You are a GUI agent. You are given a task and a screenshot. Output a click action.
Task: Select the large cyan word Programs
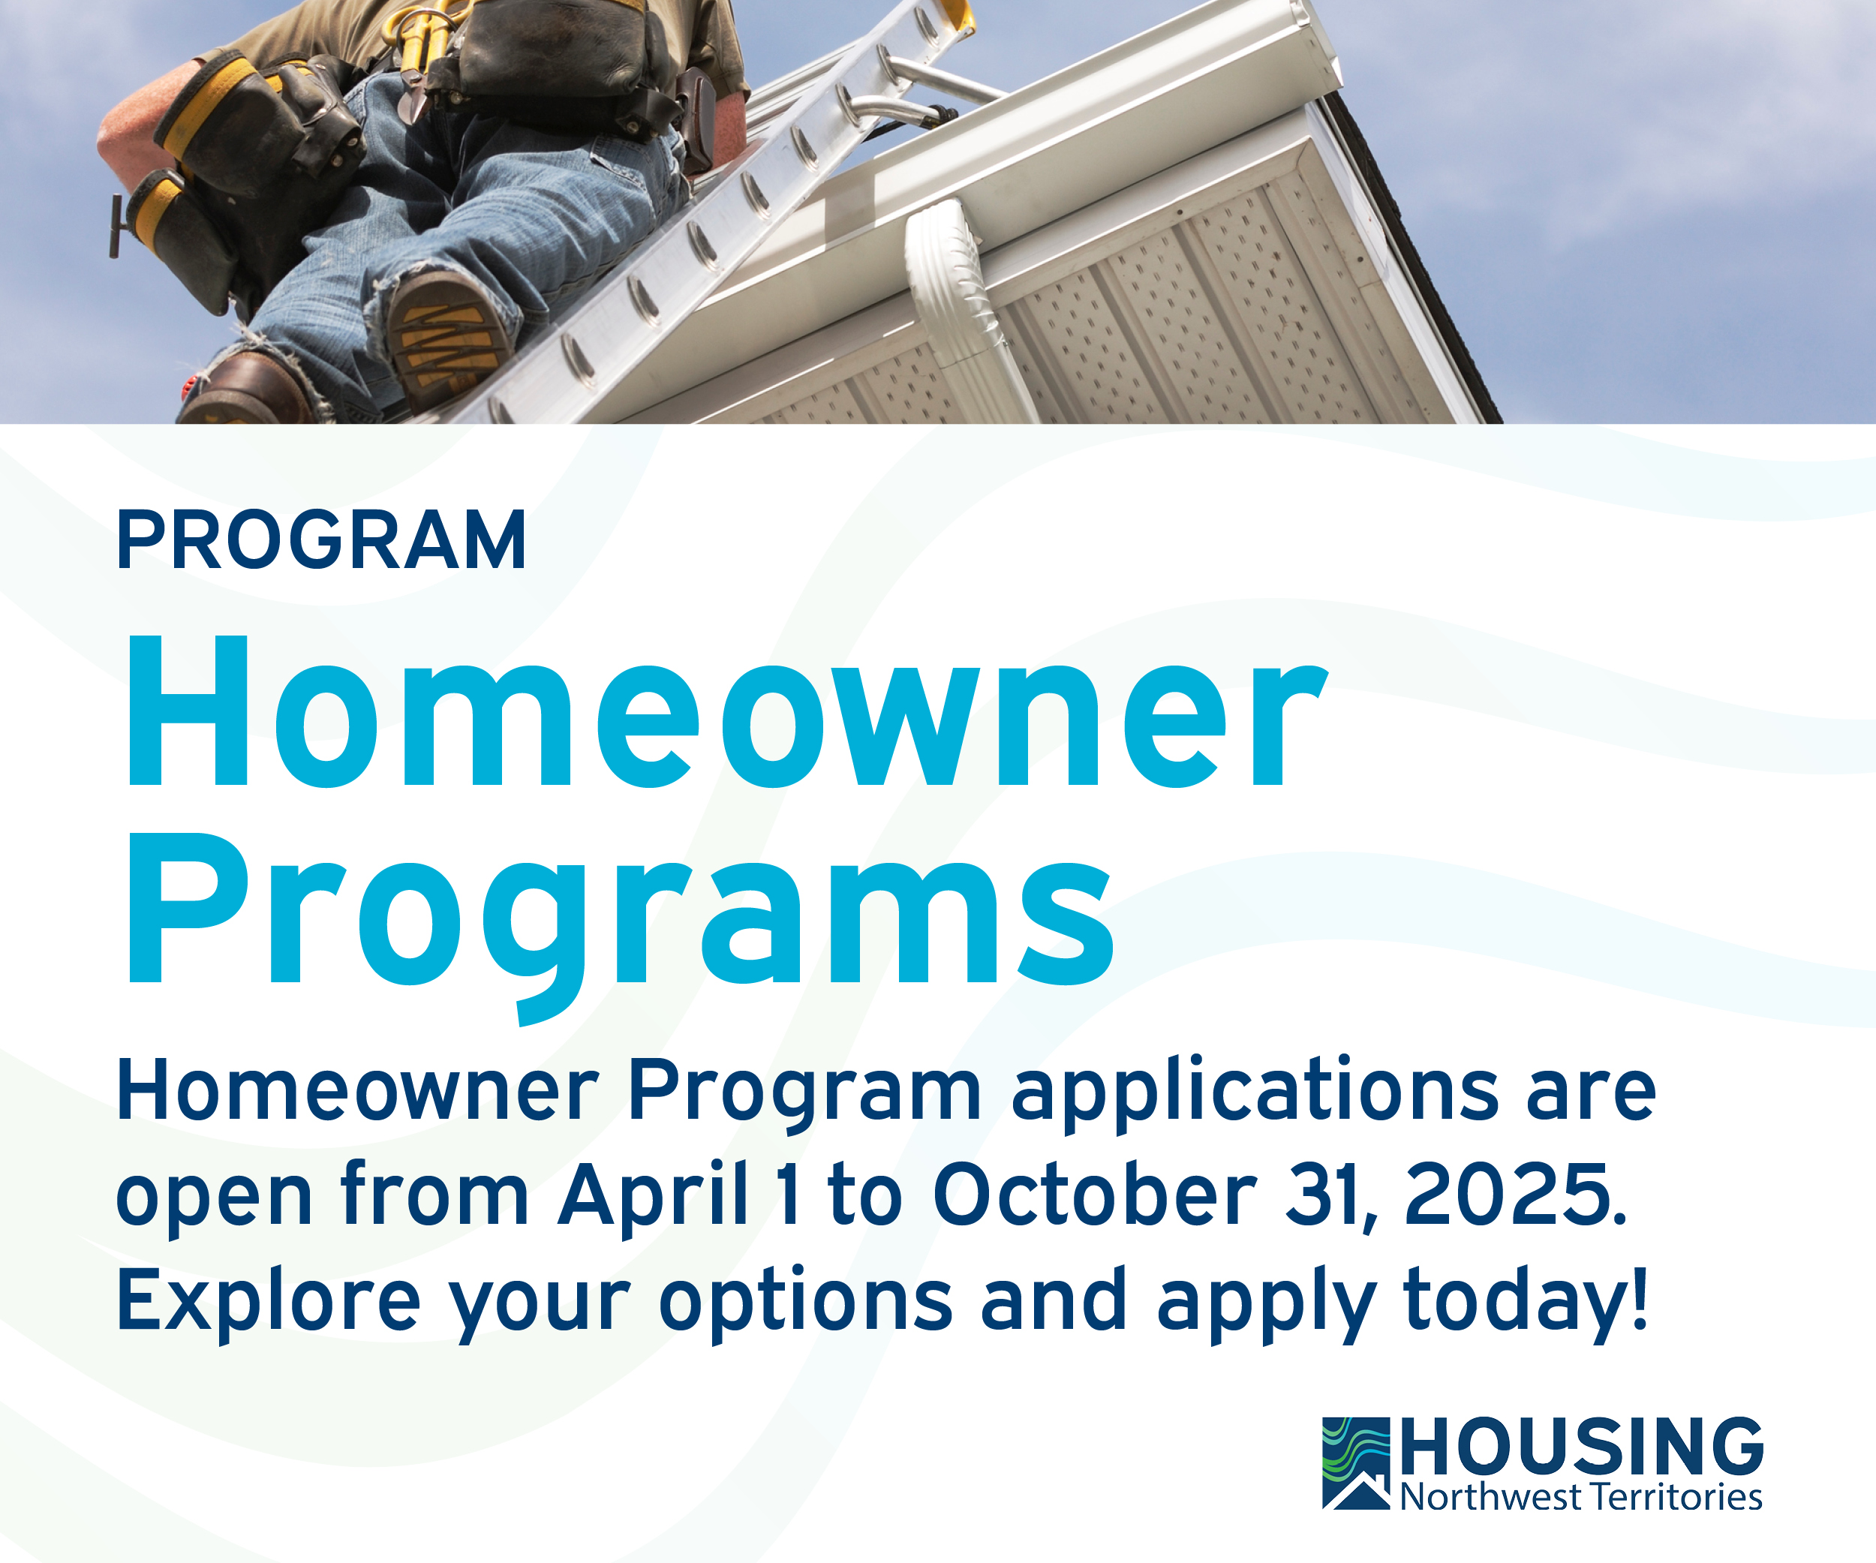tap(620, 924)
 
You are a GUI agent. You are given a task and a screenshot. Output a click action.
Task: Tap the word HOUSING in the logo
tap(1582, 1446)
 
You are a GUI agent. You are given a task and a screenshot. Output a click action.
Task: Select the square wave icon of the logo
tap(1356, 1463)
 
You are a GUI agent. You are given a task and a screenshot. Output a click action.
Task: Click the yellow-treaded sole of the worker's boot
tap(446, 339)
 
